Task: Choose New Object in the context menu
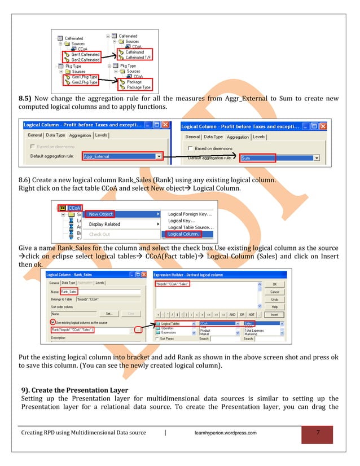[x=101, y=214]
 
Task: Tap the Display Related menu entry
[x=104, y=224]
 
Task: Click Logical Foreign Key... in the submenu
[x=190, y=214]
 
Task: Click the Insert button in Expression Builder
[x=274, y=315]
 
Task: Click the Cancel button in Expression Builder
[x=274, y=292]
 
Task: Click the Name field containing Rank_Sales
[x=69, y=291]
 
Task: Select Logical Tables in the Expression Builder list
[x=173, y=324]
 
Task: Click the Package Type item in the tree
[x=138, y=87]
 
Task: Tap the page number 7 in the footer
[x=318, y=433]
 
